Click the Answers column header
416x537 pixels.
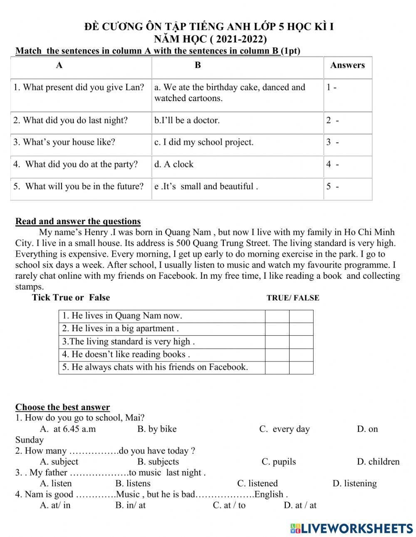tap(347, 65)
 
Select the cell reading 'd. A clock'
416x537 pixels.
tap(174, 164)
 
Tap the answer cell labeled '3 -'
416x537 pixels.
tap(332, 142)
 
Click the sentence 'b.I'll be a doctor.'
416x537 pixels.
tap(187, 121)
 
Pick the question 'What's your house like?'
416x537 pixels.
tap(64, 142)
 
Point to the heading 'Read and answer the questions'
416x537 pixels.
tap(78, 221)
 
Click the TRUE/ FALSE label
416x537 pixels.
tap(293, 298)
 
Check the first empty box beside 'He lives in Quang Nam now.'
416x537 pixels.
tap(277, 316)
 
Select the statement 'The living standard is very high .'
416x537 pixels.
tap(129, 342)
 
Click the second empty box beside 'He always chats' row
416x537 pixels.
tap(301, 368)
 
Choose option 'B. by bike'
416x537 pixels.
tap(157, 429)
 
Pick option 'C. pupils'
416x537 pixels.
tap(278, 462)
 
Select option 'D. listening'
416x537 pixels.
tap(354, 483)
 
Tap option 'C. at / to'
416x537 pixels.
tap(229, 505)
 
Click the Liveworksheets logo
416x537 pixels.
tap(352, 528)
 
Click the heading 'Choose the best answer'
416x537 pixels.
tap(62, 407)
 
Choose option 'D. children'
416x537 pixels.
tap(378, 462)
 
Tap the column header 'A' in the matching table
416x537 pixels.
tap(59, 65)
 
